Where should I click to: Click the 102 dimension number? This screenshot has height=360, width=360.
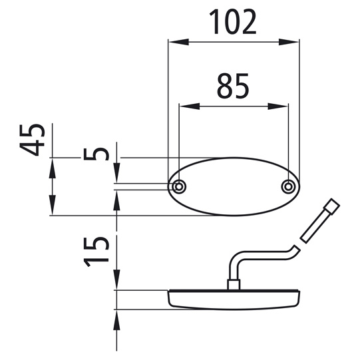(233, 23)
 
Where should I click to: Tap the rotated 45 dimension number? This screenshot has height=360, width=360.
(33, 139)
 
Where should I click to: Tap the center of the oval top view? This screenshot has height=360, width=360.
(233, 187)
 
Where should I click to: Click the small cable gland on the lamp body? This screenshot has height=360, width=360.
(234, 285)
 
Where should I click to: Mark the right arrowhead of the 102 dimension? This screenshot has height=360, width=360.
(293, 42)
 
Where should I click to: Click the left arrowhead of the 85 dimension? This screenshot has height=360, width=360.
(186, 105)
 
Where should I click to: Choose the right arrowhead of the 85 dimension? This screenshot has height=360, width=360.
(282, 105)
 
